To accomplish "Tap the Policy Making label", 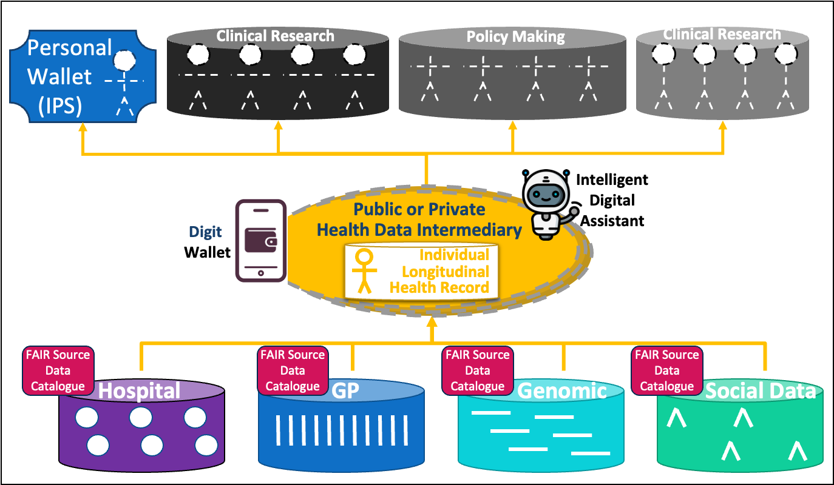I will (x=515, y=36).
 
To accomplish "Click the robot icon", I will (x=547, y=203).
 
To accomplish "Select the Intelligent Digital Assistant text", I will (x=612, y=200).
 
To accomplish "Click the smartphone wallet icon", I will (x=260, y=241).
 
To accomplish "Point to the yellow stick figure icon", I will (x=364, y=271).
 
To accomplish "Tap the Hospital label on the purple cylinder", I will (x=140, y=391).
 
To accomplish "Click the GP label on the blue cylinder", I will (x=346, y=390).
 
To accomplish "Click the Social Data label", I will (x=760, y=391).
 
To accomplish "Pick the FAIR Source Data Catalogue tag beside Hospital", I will (x=58, y=370).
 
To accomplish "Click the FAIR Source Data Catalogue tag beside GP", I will (x=293, y=370).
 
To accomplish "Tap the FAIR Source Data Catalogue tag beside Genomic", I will (x=478, y=370).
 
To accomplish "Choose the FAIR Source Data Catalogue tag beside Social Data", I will (x=667, y=370).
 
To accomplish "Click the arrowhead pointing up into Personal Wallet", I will (x=82, y=129).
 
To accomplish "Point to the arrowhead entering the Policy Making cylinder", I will (x=513, y=129).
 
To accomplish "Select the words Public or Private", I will (x=419, y=210).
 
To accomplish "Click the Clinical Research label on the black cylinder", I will (x=275, y=36).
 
